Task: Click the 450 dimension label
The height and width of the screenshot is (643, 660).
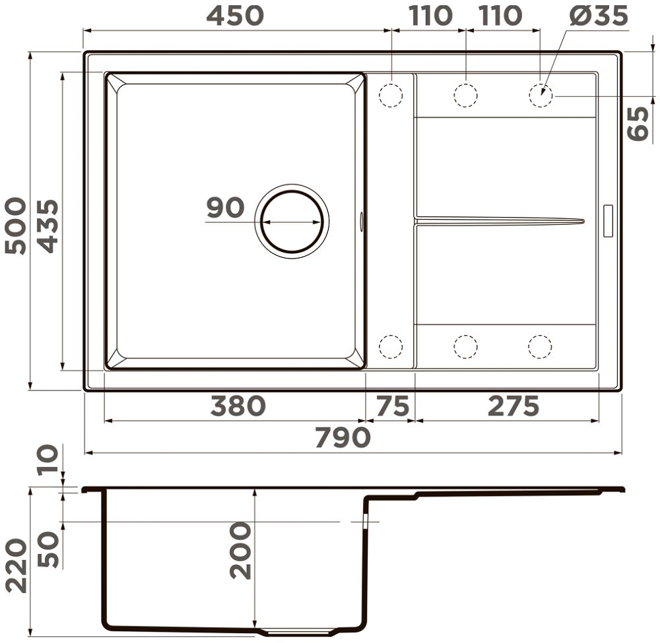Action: (235, 16)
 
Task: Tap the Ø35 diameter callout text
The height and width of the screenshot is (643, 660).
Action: (599, 16)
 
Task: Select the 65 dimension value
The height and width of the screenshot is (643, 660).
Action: (638, 123)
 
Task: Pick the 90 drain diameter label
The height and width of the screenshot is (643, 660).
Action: (225, 207)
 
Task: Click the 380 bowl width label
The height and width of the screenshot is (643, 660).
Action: (238, 406)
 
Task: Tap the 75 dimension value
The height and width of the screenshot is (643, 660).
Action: (392, 406)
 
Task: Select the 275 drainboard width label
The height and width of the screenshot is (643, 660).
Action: (513, 406)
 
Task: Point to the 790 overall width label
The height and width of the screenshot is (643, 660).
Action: (343, 437)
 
